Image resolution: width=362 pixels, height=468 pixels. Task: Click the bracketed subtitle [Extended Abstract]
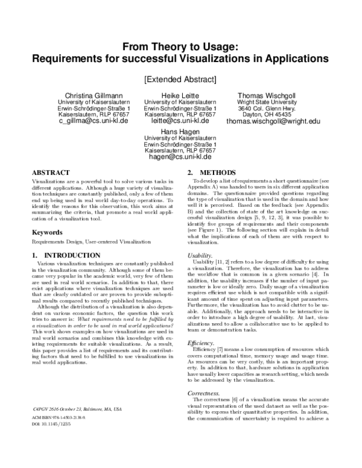[180, 78]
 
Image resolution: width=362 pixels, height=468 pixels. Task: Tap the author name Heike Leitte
[180, 95]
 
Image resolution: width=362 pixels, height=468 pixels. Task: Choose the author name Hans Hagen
[180, 131]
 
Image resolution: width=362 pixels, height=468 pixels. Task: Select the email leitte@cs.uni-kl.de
[180, 121]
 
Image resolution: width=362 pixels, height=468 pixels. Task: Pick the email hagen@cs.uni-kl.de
[180, 156]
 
